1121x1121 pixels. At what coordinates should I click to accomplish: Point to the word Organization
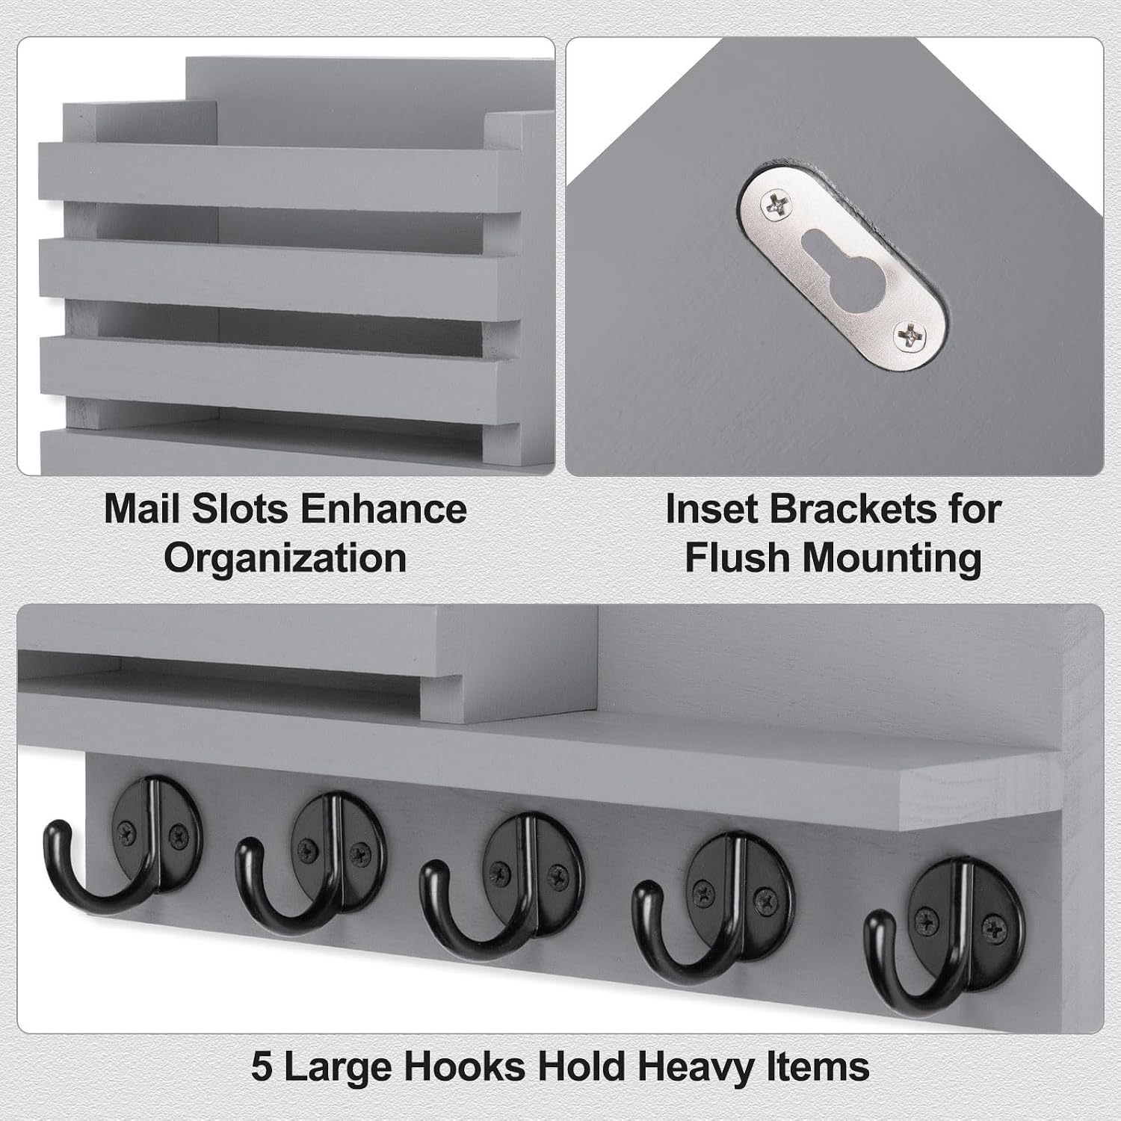285,559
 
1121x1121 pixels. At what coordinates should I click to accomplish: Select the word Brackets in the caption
853,509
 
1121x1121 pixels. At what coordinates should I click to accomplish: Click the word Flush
737,558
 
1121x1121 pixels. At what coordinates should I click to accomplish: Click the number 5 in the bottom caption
262,1066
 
